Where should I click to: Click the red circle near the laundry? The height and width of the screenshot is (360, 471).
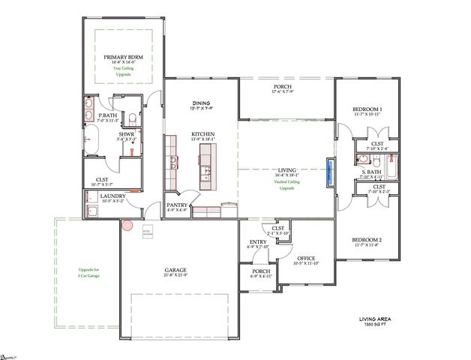click(x=127, y=223)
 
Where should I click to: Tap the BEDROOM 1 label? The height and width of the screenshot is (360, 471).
click(x=367, y=109)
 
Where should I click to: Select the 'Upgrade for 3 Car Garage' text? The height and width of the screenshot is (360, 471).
click(x=88, y=272)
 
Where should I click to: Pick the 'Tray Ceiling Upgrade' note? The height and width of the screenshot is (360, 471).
click(x=122, y=72)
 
